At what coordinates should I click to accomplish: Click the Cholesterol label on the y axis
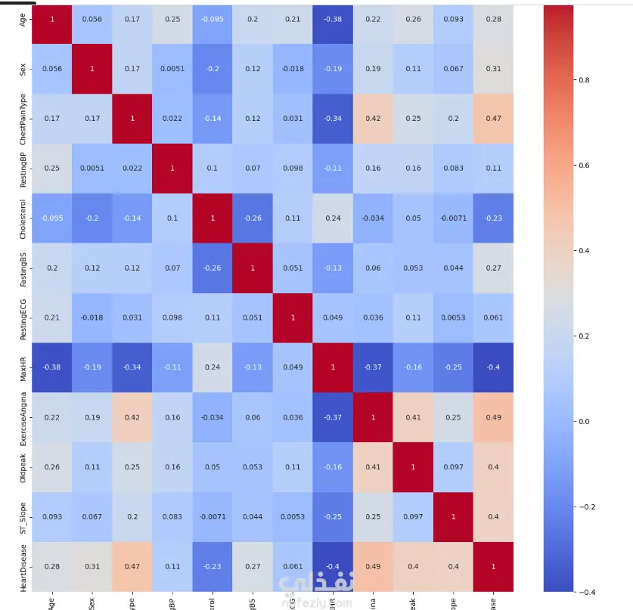pyautogui.click(x=22, y=218)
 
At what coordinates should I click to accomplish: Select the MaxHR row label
pyautogui.click(x=22, y=367)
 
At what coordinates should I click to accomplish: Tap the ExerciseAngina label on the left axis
pyautogui.click(x=22, y=416)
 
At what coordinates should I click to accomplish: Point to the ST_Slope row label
pyautogui.click(x=22, y=516)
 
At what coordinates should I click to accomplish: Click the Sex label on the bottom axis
pyautogui.click(x=92, y=602)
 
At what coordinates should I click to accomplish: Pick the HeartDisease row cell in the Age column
pyautogui.click(x=52, y=566)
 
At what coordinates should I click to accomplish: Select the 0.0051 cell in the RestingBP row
pyautogui.click(x=92, y=169)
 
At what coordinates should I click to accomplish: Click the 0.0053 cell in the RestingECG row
pyautogui.click(x=452, y=317)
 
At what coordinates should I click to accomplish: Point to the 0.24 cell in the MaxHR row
pyautogui.click(x=213, y=367)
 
